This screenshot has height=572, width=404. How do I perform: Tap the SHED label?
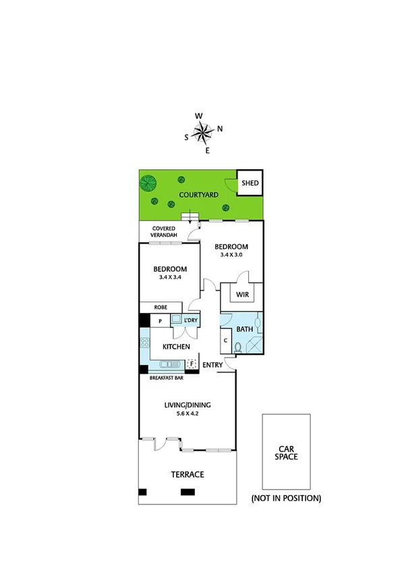[x=250, y=183]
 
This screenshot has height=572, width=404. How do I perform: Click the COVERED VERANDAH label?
[x=163, y=232]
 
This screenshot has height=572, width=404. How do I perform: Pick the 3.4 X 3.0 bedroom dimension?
[x=231, y=255]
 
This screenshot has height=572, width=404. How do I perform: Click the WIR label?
[x=242, y=294]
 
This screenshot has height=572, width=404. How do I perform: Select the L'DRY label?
[x=190, y=320]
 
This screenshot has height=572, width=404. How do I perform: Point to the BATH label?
[x=243, y=330]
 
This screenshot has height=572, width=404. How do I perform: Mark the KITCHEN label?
[x=175, y=347]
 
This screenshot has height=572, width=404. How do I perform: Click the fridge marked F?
[x=192, y=364]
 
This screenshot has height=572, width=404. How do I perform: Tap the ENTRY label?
[x=212, y=366]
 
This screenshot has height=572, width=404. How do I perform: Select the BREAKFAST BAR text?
[x=166, y=378]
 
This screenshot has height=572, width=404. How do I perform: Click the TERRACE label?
[x=187, y=474]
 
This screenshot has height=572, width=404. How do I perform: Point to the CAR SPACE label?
[x=286, y=452]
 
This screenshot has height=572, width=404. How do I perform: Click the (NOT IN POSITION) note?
[x=286, y=498]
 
